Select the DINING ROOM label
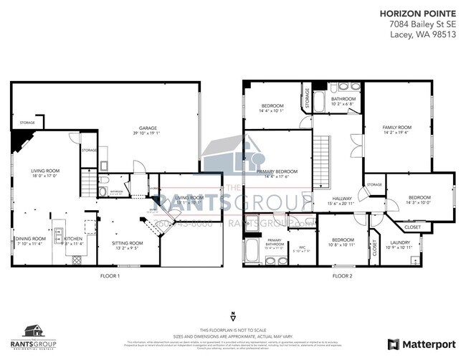click(x=31, y=240)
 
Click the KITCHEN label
click(x=75, y=240)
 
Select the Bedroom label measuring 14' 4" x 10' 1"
click(x=271, y=108)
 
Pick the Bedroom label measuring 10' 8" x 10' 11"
click(x=343, y=242)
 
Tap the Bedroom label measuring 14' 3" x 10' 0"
click(x=419, y=199)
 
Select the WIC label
click(x=302, y=249)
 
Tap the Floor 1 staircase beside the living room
click(x=87, y=186)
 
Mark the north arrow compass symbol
click(x=232, y=316)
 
